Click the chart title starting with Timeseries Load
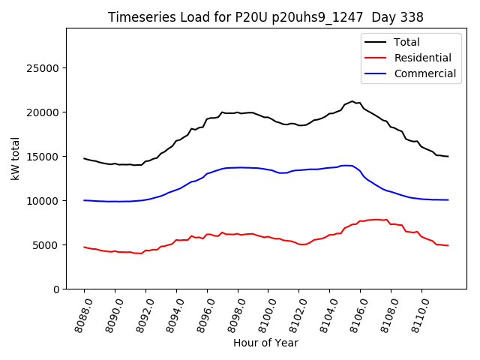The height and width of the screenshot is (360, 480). click(x=265, y=17)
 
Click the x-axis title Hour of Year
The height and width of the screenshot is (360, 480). click(x=265, y=343)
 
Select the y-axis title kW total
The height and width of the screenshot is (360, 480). click(x=15, y=159)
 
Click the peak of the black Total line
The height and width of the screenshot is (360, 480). click(x=352, y=101)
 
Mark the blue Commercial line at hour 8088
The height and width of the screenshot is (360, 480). click(x=85, y=200)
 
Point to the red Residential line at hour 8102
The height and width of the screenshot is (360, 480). click(x=299, y=244)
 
